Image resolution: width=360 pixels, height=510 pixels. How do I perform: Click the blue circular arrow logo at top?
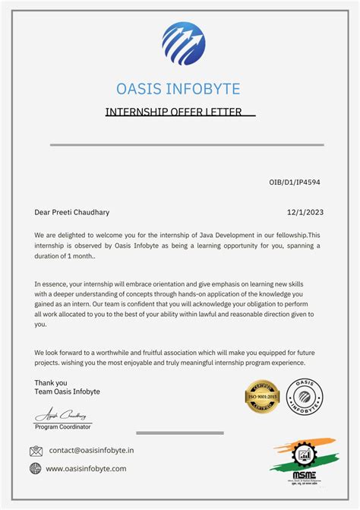tap(183, 44)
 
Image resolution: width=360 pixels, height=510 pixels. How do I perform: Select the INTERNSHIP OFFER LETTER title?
tap(173, 112)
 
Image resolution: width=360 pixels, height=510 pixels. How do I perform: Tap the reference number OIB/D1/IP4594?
tap(295, 182)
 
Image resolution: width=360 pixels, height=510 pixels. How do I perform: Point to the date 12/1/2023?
tap(304, 212)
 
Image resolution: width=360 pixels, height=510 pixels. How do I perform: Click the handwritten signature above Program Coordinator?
tap(62, 416)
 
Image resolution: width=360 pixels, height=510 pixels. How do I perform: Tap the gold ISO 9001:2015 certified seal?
tap(263, 397)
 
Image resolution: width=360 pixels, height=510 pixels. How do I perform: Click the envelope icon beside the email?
tap(36, 451)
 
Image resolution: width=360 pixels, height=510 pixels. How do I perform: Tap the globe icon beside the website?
tap(36, 469)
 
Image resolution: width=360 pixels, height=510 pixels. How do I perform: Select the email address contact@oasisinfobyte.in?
tap(91, 451)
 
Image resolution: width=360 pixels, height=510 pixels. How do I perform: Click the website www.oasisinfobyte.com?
tap(86, 469)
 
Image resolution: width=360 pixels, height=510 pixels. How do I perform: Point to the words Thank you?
tap(51, 382)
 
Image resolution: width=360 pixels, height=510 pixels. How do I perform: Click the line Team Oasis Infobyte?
tap(67, 391)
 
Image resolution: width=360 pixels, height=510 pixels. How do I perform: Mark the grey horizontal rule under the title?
tap(187, 144)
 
